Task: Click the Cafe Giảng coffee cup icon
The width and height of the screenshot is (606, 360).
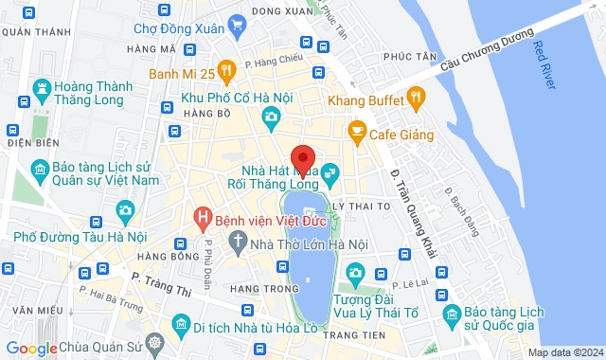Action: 357,129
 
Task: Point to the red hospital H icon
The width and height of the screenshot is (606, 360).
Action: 201,219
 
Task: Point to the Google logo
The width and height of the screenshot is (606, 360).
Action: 30,349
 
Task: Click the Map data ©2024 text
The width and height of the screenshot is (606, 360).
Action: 564,352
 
